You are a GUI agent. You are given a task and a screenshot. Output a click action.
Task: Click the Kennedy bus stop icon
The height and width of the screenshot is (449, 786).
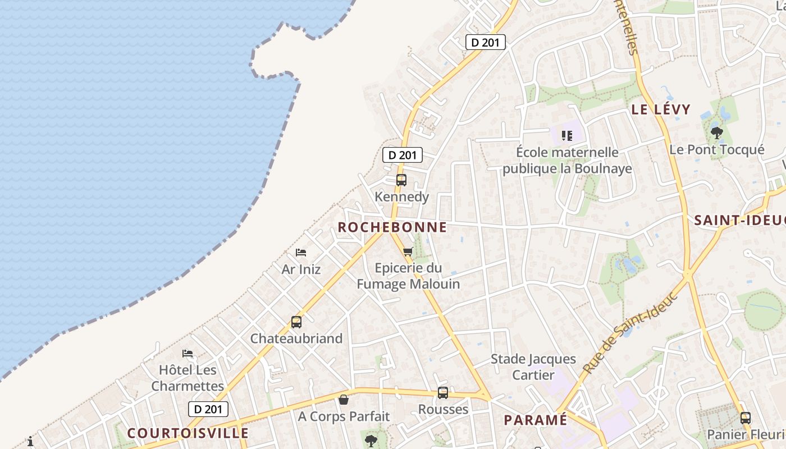(401, 180)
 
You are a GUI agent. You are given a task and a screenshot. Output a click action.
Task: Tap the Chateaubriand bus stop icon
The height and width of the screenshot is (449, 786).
(296, 322)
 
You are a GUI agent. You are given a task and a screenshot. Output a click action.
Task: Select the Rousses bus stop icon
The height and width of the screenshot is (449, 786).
(443, 393)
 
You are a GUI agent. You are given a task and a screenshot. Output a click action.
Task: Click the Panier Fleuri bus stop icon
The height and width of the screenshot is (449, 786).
(745, 418)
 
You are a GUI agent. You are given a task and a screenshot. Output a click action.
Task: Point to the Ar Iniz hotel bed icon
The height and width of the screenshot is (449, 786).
(301, 253)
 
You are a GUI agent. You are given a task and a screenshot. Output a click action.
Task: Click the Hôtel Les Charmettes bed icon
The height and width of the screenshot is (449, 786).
(188, 354)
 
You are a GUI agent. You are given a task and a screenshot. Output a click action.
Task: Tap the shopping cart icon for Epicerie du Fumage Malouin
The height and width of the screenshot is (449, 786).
(408, 251)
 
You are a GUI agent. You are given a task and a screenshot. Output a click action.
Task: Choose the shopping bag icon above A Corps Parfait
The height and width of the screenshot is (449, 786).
(344, 400)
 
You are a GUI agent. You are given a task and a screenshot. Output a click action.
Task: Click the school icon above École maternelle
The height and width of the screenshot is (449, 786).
(567, 135)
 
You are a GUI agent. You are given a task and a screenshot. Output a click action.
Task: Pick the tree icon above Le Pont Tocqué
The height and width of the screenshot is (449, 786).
(716, 133)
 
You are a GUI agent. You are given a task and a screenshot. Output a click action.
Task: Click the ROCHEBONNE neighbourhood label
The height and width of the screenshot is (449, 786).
(392, 227)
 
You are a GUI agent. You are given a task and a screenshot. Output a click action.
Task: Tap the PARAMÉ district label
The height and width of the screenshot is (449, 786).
(536, 420)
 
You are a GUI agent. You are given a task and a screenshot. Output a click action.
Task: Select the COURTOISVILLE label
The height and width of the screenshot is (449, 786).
(188, 433)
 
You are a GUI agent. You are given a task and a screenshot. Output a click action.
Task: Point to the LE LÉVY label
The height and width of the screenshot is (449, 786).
(661, 109)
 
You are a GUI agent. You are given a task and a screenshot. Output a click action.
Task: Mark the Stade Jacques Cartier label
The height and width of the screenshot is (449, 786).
(533, 367)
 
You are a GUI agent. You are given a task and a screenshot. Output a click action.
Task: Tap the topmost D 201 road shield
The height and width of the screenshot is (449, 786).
(486, 42)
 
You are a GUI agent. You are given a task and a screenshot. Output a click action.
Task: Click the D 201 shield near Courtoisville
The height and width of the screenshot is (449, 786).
(208, 409)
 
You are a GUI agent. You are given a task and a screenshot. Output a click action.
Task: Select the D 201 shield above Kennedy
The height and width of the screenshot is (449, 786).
(403, 155)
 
